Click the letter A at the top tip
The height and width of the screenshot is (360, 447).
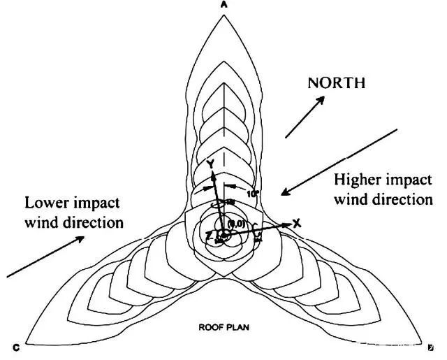pyautogui.click(x=223, y=4)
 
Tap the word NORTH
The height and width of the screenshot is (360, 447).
pyautogui.click(x=337, y=83)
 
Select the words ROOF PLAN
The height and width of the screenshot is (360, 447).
pyautogui.click(x=223, y=326)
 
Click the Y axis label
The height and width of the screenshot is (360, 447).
pyautogui.click(x=209, y=164)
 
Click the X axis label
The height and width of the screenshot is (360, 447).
pyautogui.click(x=296, y=223)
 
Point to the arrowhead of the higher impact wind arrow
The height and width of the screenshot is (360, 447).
pyautogui.click(x=282, y=191)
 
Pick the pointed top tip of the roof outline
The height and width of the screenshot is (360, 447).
pyautogui.click(x=223, y=13)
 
